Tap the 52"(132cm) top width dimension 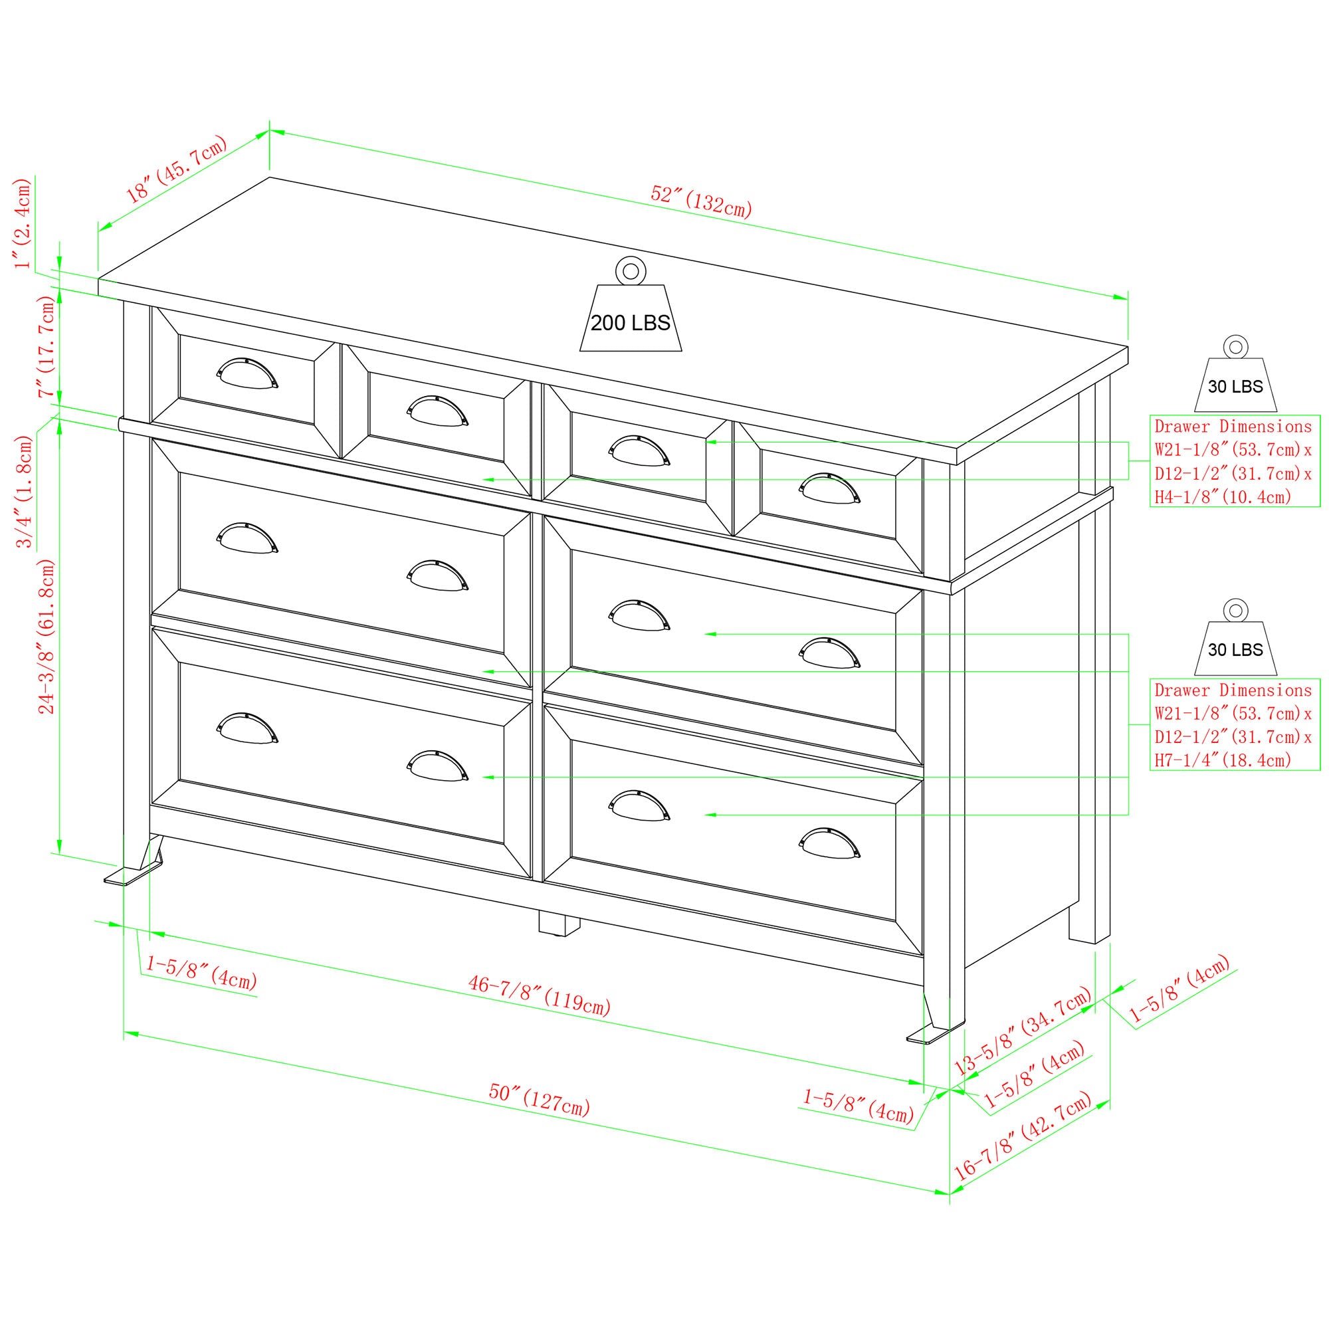point(701,201)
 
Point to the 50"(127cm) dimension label point(540,1099)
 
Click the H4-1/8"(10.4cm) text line point(1223,496)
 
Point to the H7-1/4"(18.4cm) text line point(1223,760)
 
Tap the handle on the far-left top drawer point(247,373)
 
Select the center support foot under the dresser point(558,924)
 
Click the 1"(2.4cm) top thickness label point(24,223)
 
